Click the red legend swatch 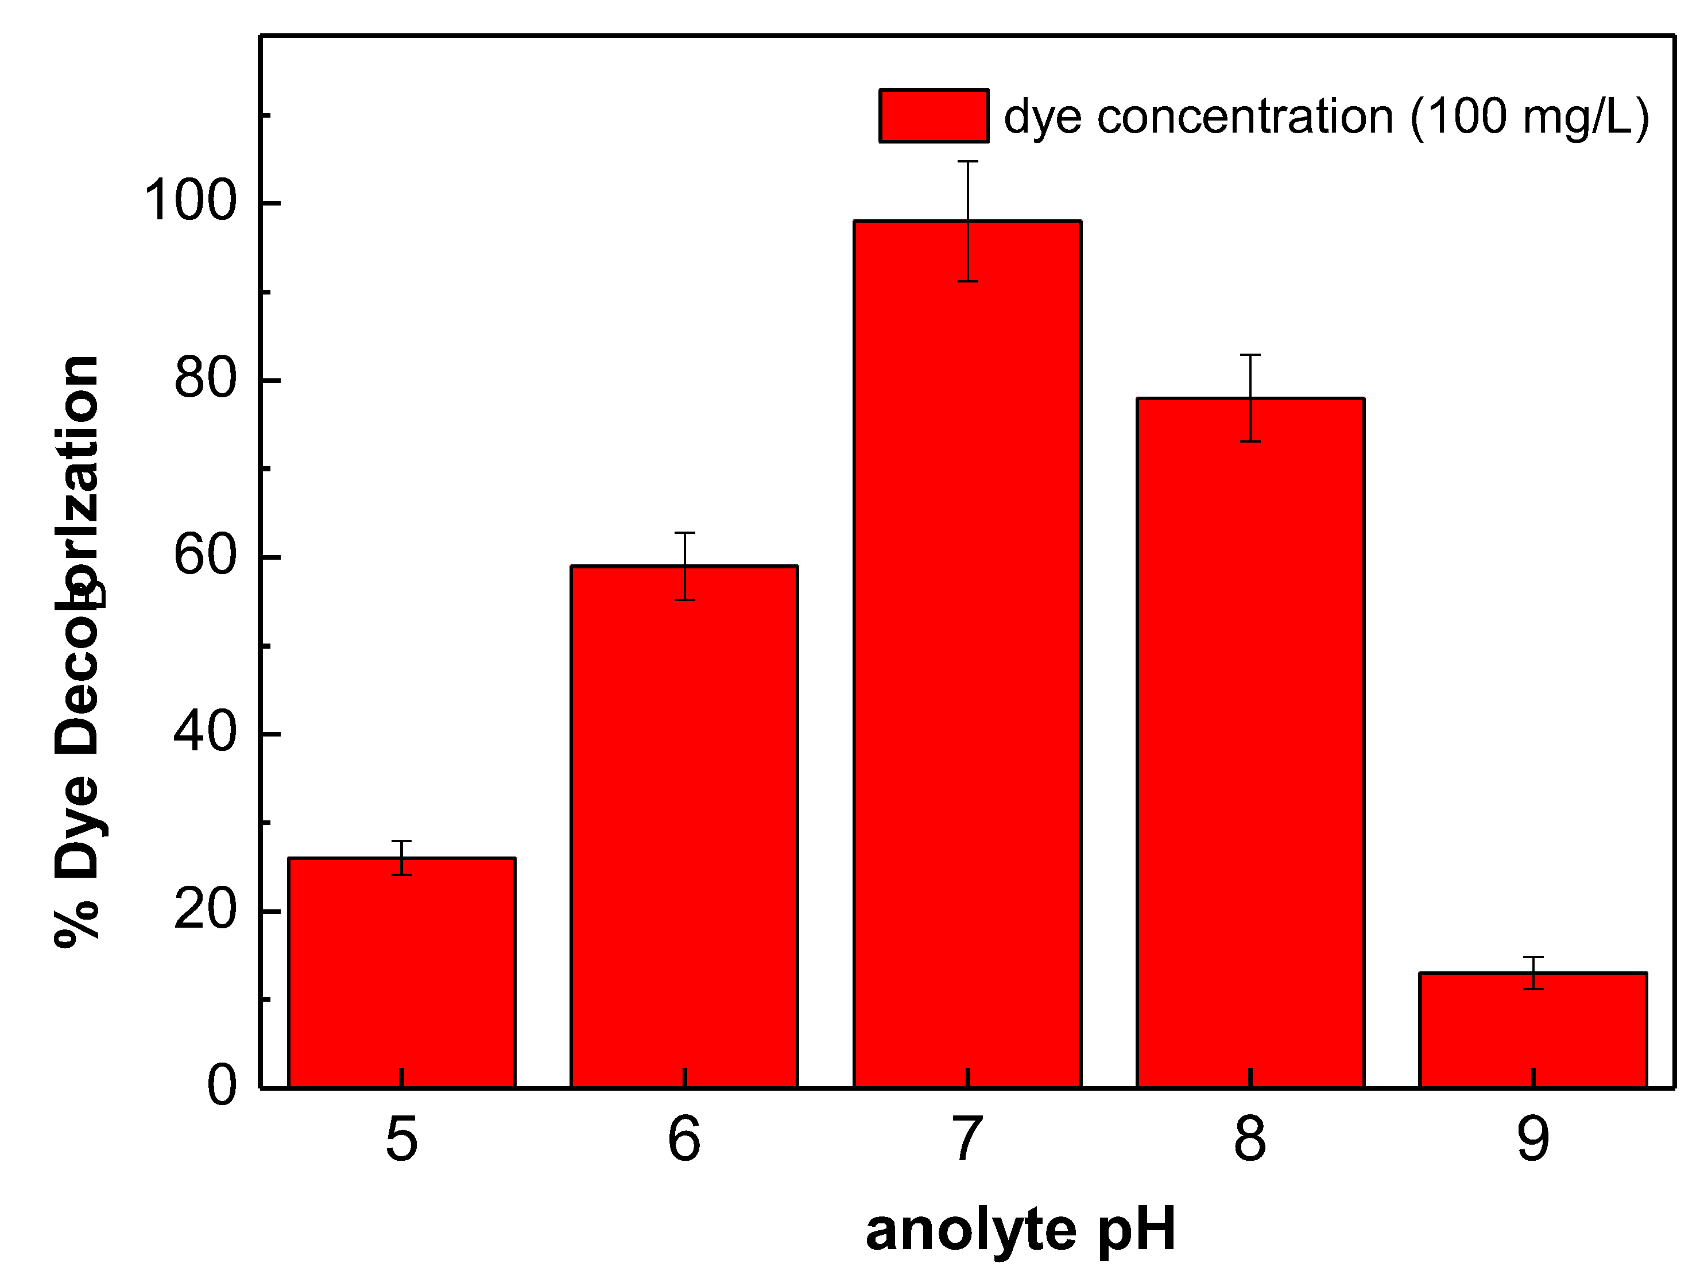coord(934,115)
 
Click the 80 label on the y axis coord(204,378)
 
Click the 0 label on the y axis coord(222,1086)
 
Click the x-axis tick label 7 coord(967,1138)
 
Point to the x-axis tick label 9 coord(1533,1138)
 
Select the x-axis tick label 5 coord(401,1138)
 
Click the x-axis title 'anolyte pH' coord(1021,1230)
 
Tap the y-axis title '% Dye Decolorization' coord(77,651)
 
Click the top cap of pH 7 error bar coord(967,162)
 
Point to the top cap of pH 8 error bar coord(1250,355)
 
